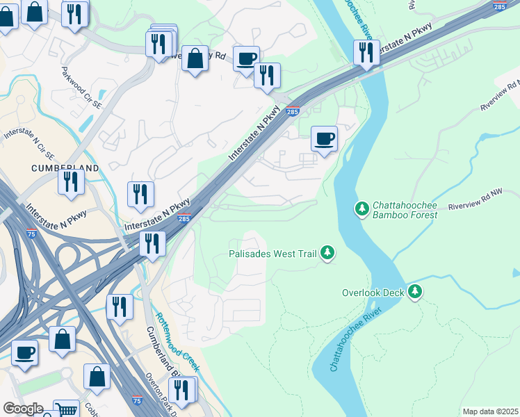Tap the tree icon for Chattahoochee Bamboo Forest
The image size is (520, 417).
click(361, 208)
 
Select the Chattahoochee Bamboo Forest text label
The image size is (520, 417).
click(405, 210)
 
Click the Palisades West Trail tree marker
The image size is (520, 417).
click(327, 254)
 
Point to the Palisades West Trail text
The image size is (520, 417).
click(273, 254)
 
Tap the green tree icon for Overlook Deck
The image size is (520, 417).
click(415, 292)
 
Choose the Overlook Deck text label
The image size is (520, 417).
click(373, 293)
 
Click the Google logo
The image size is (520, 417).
click(23, 409)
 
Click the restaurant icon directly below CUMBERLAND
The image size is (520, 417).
click(71, 180)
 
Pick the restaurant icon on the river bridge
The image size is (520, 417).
click(366, 52)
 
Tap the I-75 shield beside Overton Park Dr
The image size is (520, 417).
click(137, 401)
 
